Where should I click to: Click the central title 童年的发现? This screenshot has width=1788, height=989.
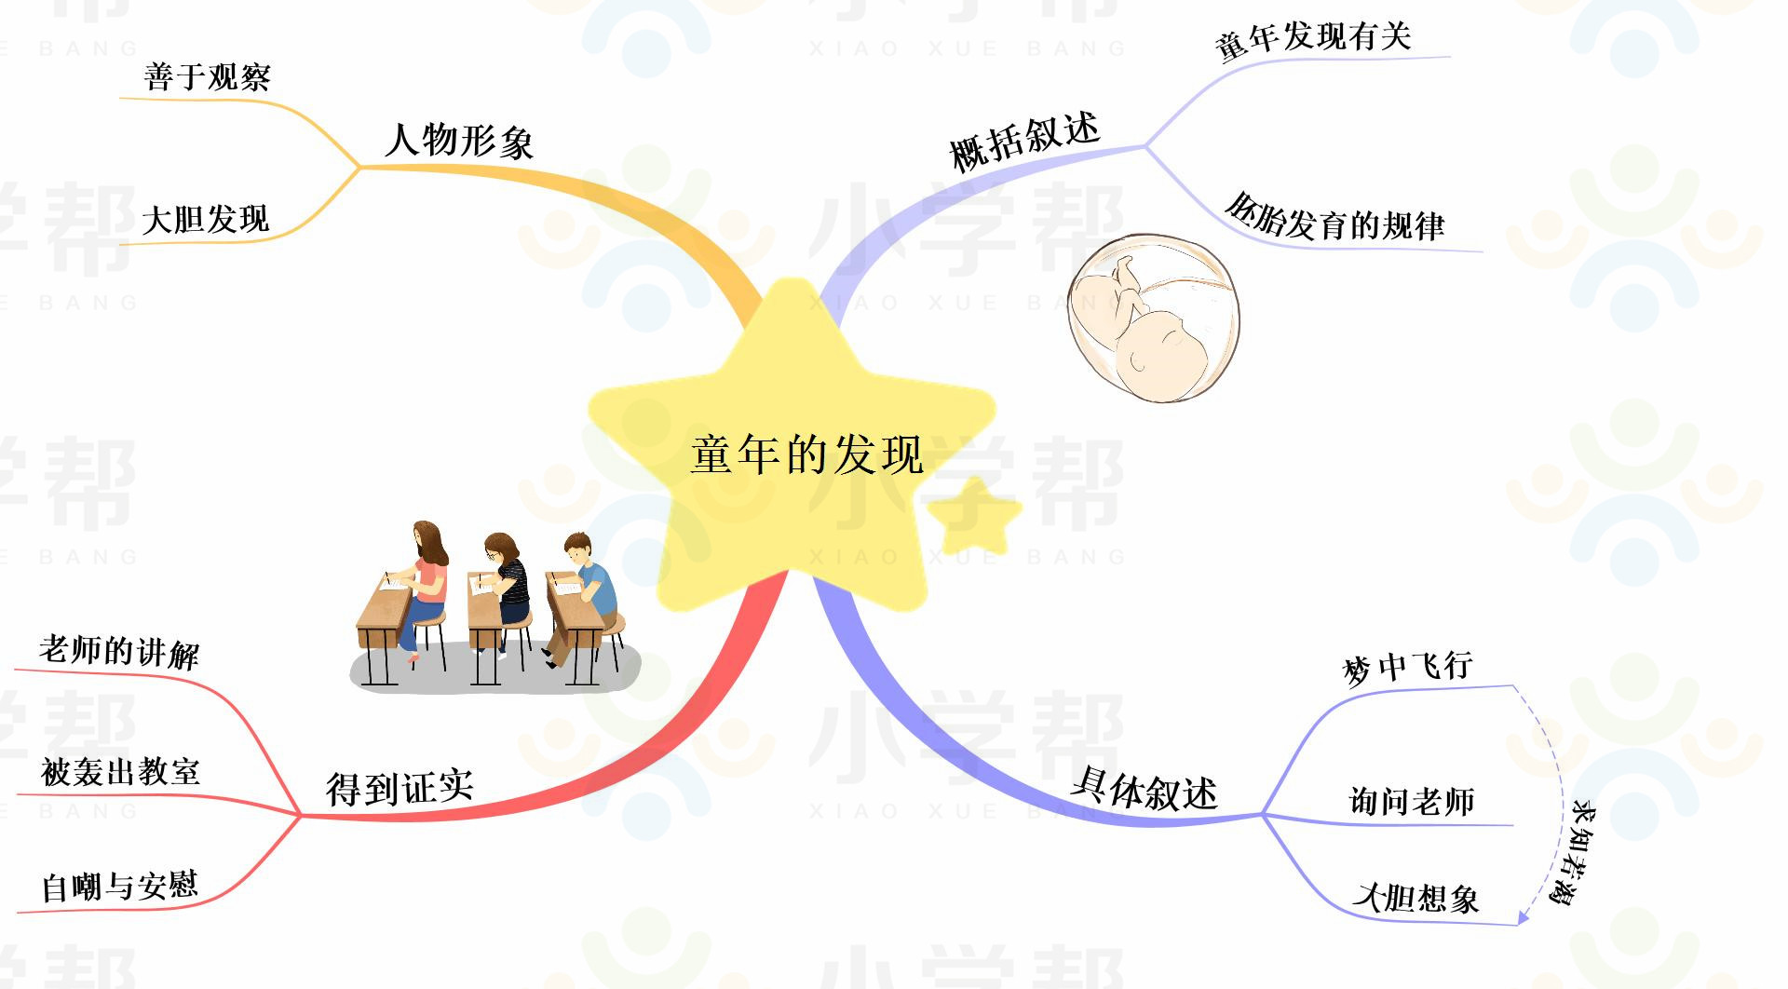click(806, 455)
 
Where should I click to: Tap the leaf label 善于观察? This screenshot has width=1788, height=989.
click(208, 77)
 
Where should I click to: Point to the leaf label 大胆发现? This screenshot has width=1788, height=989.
click(206, 220)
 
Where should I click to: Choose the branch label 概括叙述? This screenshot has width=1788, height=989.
click(1024, 142)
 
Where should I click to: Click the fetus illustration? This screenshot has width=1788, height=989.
click(1154, 318)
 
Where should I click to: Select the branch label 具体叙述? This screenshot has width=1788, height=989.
click(1145, 790)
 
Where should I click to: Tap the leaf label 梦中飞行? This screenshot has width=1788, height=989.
click(1407, 667)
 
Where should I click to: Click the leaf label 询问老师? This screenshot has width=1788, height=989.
click(1412, 801)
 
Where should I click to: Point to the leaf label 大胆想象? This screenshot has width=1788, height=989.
click(1415, 898)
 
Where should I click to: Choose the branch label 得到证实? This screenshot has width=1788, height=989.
click(400, 788)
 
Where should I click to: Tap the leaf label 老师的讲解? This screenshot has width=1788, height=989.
click(119, 651)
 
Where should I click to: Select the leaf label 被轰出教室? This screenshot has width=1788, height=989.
click(121, 772)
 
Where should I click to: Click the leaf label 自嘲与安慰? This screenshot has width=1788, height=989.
click(120, 886)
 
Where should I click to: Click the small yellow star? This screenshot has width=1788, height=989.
click(974, 514)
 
